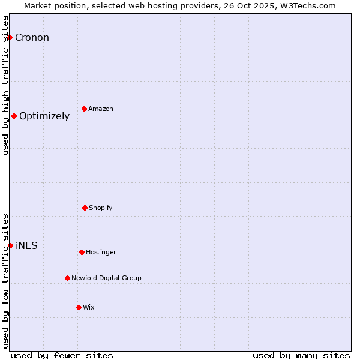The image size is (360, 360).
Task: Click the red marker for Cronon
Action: (x=10, y=37)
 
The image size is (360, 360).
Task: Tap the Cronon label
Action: (x=32, y=38)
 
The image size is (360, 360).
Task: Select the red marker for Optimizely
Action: (x=14, y=116)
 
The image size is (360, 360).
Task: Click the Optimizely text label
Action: (x=44, y=116)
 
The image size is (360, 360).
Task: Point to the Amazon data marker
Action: (x=84, y=109)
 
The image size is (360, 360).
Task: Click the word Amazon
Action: (x=101, y=109)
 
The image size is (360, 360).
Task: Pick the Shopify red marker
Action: (x=85, y=208)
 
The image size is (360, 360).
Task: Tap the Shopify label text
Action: (x=101, y=208)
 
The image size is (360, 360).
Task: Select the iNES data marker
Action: (x=10, y=245)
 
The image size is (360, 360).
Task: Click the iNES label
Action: (x=26, y=246)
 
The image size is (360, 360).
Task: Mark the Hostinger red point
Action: (x=82, y=252)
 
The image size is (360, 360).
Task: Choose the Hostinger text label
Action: (x=101, y=253)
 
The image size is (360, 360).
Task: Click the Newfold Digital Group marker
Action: (x=67, y=278)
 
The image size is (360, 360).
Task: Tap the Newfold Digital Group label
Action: (x=106, y=278)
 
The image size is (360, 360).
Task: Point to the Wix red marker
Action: (x=79, y=307)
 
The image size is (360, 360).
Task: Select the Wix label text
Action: (x=89, y=308)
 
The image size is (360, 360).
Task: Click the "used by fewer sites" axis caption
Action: (x=62, y=355)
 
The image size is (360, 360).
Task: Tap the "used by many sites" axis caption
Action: (x=301, y=355)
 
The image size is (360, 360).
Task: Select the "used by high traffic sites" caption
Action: (x=5, y=85)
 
